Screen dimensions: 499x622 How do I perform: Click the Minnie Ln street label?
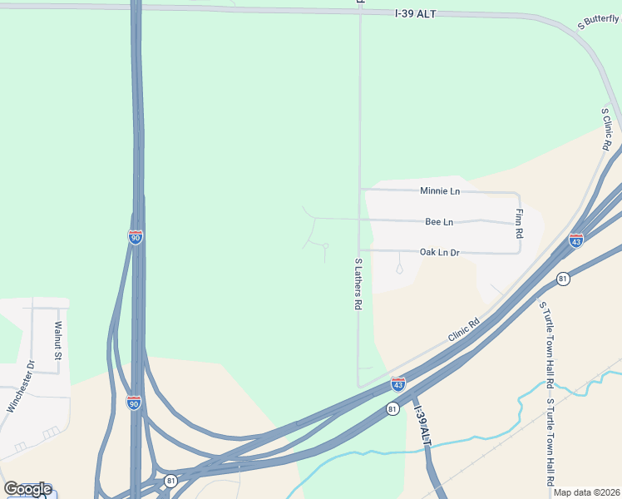point(439,191)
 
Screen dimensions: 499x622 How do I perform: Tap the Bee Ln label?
point(438,222)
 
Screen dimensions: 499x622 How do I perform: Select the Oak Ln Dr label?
point(439,252)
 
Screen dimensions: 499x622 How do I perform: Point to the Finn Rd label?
point(519,220)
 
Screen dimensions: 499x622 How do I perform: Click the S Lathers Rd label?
point(358,284)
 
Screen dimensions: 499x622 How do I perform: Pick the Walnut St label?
point(58,341)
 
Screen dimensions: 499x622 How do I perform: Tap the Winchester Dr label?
point(17,386)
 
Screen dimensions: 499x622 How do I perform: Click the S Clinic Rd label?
point(607,129)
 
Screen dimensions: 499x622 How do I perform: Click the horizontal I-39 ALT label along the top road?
point(415,14)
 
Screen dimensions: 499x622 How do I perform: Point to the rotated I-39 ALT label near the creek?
point(423,427)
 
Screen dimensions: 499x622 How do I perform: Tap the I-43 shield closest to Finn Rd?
point(576,240)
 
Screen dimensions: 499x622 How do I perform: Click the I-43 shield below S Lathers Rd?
point(398,384)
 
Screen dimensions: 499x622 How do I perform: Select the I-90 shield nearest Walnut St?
point(134,403)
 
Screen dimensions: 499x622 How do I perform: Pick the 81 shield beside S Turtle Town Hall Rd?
point(564,278)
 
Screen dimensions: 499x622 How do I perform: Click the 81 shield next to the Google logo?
point(170,481)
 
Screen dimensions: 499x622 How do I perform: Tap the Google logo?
point(27,489)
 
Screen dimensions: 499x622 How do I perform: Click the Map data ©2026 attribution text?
point(585,492)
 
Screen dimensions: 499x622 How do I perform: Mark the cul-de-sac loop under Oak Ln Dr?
point(399,268)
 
